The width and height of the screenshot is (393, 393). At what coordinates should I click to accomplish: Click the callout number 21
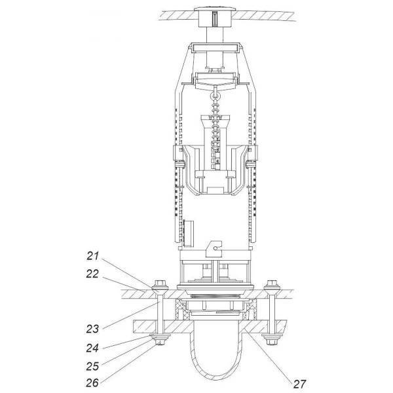click(x=93, y=256)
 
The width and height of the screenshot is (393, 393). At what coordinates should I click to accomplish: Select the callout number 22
click(x=92, y=274)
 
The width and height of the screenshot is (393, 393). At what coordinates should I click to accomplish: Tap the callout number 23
click(x=92, y=329)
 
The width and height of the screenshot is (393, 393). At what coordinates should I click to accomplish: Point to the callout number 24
click(x=92, y=348)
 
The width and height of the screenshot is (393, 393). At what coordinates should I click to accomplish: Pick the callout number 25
click(x=92, y=366)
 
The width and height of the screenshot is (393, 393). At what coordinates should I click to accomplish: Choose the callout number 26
click(x=92, y=383)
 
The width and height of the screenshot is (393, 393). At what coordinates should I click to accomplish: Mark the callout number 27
click(x=300, y=384)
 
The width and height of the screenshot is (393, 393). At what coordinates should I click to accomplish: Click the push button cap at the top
click(x=215, y=10)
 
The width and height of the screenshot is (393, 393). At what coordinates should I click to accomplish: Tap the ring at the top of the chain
click(x=215, y=96)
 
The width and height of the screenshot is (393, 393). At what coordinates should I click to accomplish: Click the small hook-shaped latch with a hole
click(x=214, y=249)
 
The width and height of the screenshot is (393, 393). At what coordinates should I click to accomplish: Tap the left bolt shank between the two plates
click(x=160, y=309)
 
